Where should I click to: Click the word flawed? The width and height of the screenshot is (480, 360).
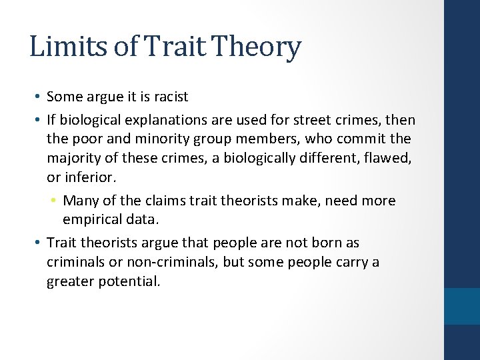pos(391,157)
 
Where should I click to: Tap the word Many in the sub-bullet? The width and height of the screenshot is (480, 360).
pos(80,201)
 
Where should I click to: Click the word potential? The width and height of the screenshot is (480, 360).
pos(131,281)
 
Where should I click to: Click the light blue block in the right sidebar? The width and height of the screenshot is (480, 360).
pos(461,306)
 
